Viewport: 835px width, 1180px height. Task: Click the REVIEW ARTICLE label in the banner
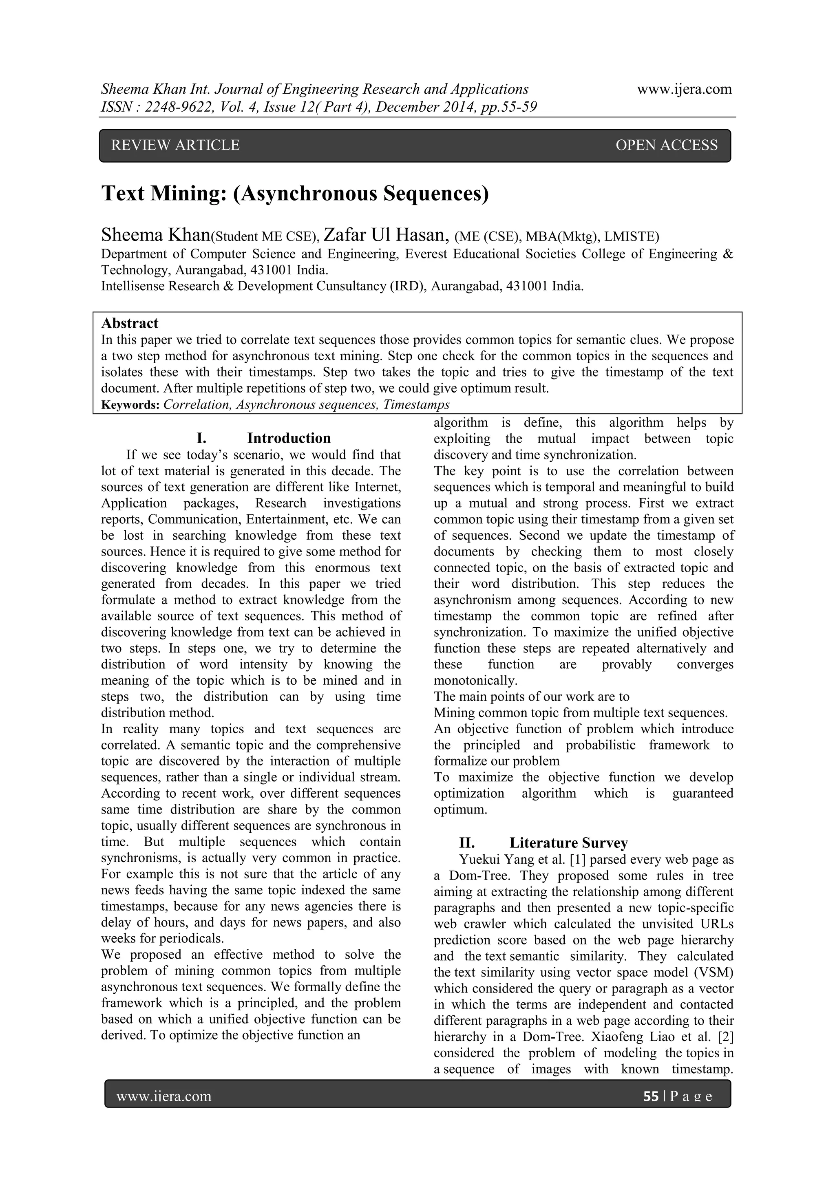click(175, 146)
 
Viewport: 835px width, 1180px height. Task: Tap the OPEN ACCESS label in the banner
click(666, 146)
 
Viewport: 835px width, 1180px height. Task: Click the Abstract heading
click(130, 323)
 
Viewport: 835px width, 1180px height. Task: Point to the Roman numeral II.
click(466, 843)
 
